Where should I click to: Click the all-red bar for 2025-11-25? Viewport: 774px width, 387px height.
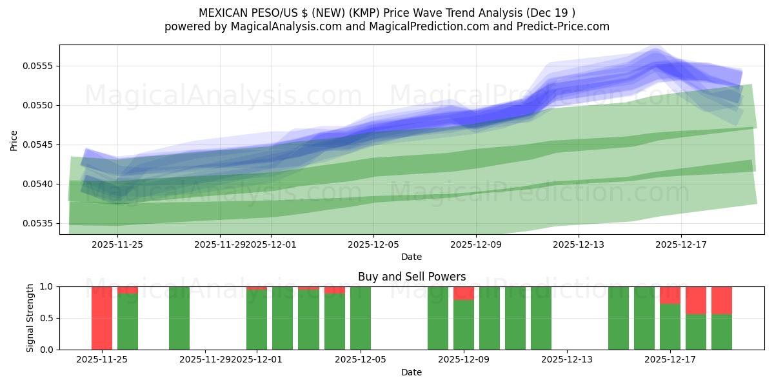[x=102, y=318]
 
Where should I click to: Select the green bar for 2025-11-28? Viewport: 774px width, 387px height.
[x=179, y=318]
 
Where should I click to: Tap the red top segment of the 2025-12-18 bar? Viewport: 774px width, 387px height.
[x=696, y=300]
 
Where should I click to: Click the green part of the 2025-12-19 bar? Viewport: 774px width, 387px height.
[x=722, y=332]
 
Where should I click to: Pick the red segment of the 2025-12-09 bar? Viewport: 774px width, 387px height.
[x=464, y=293]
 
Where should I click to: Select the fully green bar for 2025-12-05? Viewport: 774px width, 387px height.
[x=361, y=318]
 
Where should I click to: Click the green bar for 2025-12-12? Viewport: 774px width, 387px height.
[x=541, y=318]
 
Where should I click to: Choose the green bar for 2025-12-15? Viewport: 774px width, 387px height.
[x=619, y=318]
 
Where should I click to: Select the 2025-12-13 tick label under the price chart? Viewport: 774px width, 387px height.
[x=579, y=244]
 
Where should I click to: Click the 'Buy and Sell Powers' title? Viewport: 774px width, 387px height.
[x=412, y=277]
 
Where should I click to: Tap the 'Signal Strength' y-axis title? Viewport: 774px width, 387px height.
[x=30, y=318]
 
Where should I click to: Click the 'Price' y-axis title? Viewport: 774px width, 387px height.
[x=14, y=140]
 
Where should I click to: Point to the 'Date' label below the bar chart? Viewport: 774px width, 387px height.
[x=412, y=372]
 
